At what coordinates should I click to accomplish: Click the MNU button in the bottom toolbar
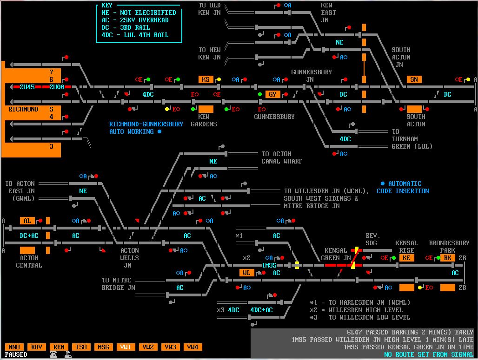coord(14,347)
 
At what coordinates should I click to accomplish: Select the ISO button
coord(81,347)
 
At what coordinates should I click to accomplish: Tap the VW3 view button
coord(170,347)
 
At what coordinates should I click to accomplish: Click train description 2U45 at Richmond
coord(27,87)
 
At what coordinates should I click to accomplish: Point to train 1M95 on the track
coord(269,265)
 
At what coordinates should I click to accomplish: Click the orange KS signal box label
coord(206,79)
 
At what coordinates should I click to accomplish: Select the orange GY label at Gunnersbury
coord(273,94)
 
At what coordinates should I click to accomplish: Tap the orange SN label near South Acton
coord(414,79)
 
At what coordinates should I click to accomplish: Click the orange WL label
coord(246,273)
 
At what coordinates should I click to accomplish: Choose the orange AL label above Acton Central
coord(27,221)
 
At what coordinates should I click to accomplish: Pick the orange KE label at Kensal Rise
coord(406,258)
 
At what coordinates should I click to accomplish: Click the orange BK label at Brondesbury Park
coord(447,258)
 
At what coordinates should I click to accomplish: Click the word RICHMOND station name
coord(23,109)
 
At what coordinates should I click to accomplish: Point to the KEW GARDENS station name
coord(204,120)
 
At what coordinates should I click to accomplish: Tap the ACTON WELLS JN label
coord(129,258)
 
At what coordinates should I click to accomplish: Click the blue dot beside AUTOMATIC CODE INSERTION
coord(383,183)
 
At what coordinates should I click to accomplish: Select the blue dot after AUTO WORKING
coord(159,131)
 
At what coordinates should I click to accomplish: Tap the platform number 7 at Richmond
coord(51,72)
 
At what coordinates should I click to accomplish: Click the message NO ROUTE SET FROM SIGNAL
coord(428,354)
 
